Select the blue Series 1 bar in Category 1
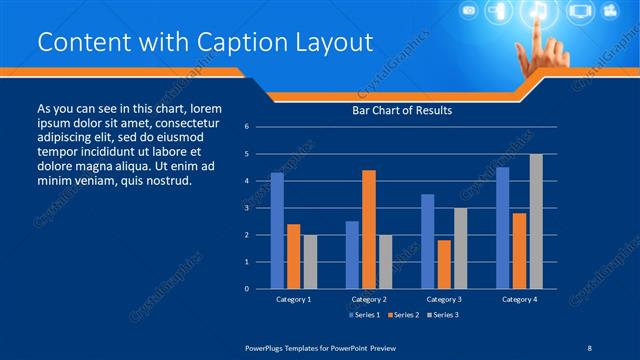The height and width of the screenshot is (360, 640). click(277, 231)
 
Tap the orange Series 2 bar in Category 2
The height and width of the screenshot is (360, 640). click(368, 229)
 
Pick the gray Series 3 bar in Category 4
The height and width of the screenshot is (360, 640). click(536, 221)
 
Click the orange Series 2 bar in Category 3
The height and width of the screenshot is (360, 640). click(443, 264)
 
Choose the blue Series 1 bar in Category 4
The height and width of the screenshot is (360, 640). click(502, 228)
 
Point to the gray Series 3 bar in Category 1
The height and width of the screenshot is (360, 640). click(310, 262)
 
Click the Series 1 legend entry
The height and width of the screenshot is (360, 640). click(363, 315)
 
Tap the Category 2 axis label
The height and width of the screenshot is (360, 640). click(369, 299)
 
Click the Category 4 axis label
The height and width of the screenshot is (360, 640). click(519, 299)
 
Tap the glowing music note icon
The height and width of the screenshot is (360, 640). click(538, 13)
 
